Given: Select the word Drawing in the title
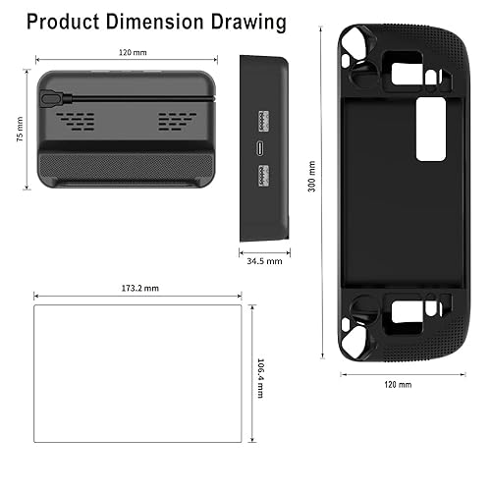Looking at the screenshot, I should click(x=250, y=21).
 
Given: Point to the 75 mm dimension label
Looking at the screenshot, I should click(x=21, y=128).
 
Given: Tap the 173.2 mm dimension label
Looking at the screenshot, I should click(x=137, y=288).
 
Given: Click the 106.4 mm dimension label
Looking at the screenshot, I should click(x=260, y=375).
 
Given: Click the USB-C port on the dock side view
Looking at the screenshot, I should click(x=260, y=149).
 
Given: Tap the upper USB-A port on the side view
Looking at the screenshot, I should click(x=260, y=122).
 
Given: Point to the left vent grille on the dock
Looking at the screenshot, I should click(x=77, y=123).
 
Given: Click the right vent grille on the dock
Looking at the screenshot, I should click(x=177, y=123).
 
